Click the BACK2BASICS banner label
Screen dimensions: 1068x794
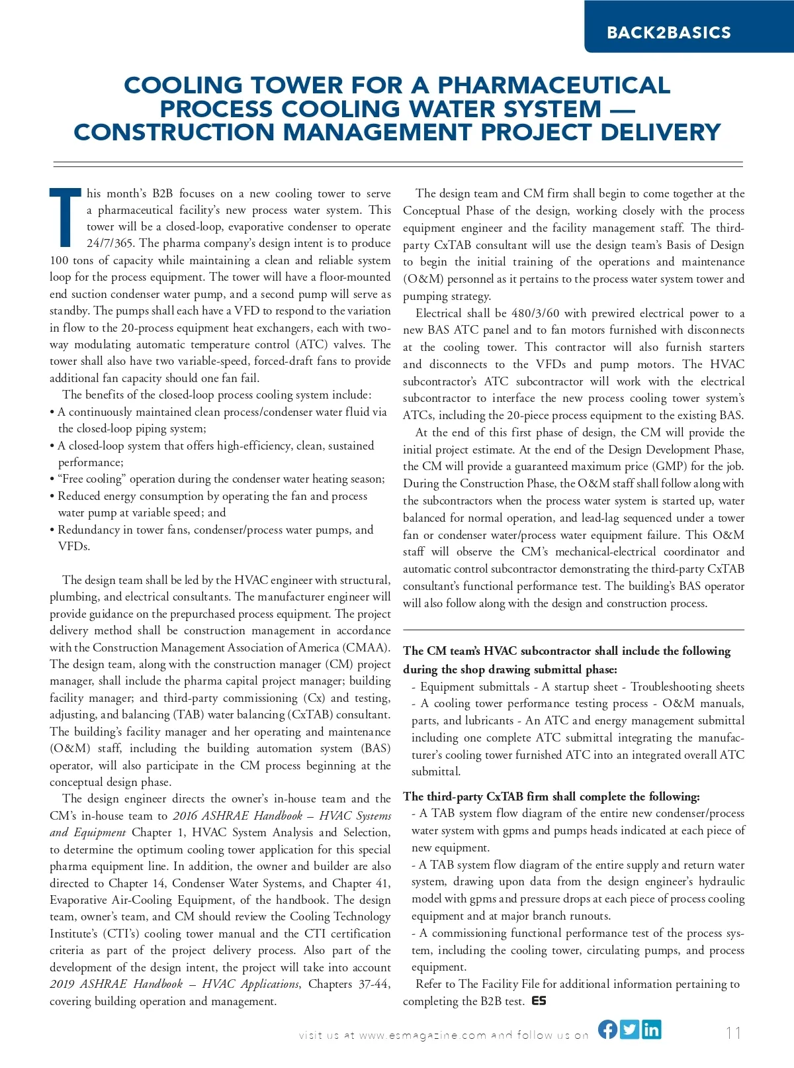click(669, 32)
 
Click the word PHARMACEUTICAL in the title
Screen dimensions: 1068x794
click(554, 85)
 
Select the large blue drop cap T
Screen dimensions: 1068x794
click(65, 217)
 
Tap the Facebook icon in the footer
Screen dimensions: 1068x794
click(608, 1029)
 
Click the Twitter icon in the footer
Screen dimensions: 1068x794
click(630, 1029)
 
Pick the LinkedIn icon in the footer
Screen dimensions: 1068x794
click(651, 1029)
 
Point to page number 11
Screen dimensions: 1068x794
click(733, 1033)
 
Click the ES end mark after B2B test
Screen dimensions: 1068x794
click(539, 1001)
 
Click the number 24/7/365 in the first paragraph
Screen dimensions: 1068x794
click(110, 243)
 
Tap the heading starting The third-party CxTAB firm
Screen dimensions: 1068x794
click(551, 797)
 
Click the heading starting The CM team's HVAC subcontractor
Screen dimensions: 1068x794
click(566, 652)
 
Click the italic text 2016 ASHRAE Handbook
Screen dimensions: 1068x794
click(238, 816)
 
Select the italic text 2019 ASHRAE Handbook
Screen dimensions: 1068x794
click(116, 984)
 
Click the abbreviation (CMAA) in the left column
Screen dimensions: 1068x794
click(366, 648)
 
